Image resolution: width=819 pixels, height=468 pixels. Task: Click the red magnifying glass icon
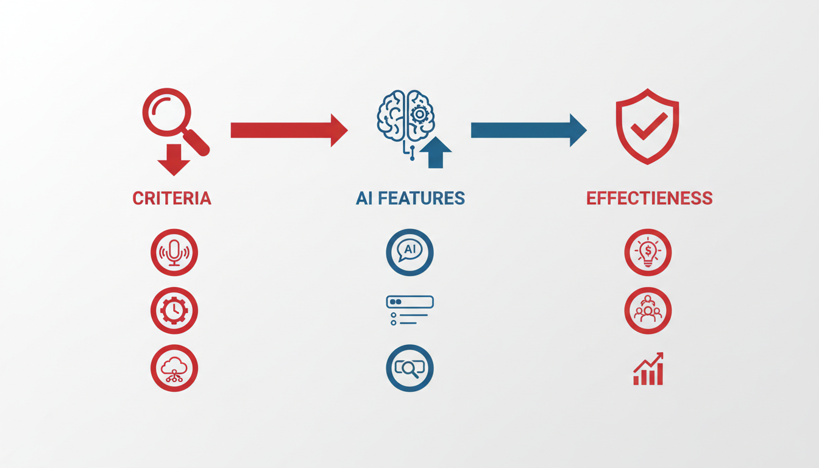176,122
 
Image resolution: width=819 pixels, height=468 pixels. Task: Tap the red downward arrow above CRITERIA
174,160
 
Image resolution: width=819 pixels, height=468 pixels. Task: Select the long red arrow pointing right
289,130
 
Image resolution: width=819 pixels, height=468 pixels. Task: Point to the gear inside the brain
420,115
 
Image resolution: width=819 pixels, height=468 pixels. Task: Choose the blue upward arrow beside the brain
436,152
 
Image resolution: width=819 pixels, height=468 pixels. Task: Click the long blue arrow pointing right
529,130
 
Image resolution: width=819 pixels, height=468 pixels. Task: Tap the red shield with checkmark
648,126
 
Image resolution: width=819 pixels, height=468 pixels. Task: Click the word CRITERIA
172,198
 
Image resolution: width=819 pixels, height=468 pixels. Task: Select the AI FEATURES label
410,198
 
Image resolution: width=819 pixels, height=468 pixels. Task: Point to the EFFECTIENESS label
650,198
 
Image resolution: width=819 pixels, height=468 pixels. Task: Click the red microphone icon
174,252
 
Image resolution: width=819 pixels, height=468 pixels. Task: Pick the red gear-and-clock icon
174,310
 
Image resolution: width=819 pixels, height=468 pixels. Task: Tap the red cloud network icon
174,368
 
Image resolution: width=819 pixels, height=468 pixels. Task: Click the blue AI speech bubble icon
410,252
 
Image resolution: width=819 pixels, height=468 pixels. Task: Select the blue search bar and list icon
410,310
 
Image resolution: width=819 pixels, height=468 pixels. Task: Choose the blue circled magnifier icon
410,368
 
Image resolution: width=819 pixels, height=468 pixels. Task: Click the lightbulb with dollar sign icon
648,252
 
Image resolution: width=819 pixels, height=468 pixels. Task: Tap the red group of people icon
648,310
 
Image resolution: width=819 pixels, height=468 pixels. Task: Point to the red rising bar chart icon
648,369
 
